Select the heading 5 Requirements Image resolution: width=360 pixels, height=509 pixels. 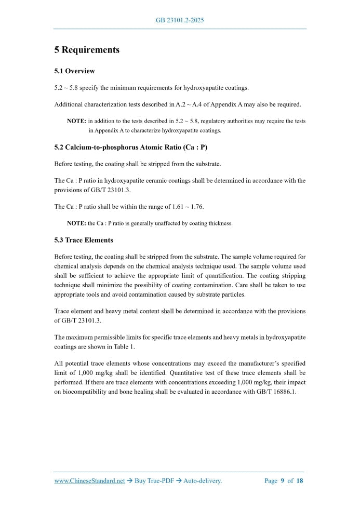[x=87, y=50]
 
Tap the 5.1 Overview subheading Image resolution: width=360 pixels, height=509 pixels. [x=74, y=71]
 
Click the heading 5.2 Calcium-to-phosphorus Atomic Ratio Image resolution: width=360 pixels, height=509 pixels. [x=131, y=148]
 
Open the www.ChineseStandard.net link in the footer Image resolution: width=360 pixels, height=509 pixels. [x=89, y=481]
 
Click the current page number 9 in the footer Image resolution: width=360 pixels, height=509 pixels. [x=283, y=481]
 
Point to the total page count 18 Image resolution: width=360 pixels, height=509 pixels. [x=300, y=481]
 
